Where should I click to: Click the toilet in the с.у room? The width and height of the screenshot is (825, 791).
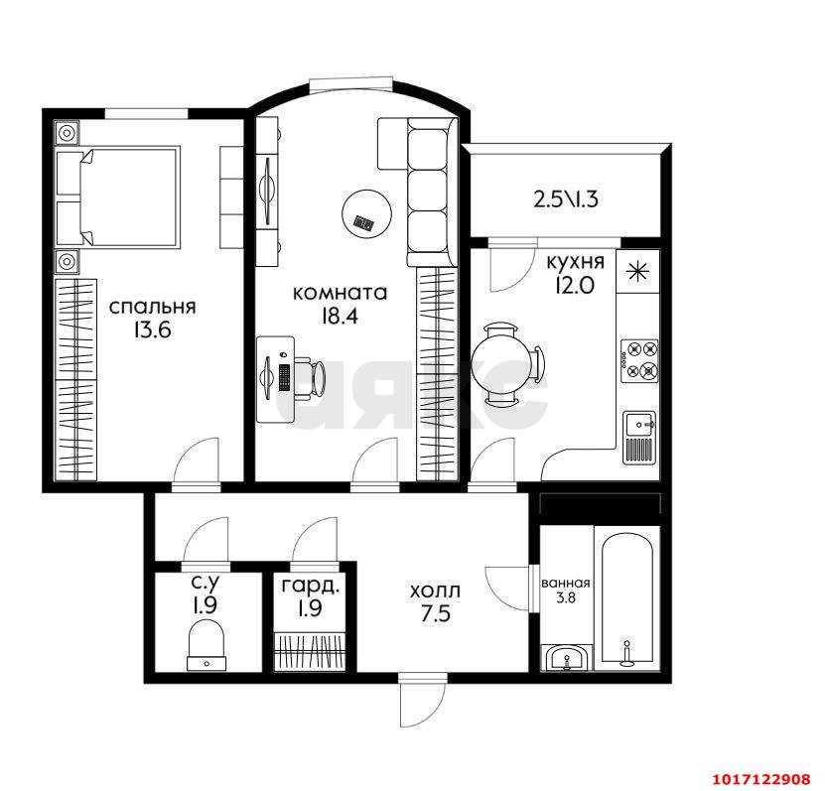pos(206,644)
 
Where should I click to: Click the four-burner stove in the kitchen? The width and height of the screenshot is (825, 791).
pos(639,361)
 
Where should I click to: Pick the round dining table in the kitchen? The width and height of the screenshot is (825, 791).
pos(498,363)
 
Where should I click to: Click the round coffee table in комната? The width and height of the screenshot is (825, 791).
pos(366,214)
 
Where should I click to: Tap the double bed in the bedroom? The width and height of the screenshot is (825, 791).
pos(118,197)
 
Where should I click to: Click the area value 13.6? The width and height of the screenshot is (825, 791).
pos(152,330)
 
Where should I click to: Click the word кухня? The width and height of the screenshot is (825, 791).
pos(575,261)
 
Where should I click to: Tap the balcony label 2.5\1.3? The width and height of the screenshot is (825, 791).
pos(566,199)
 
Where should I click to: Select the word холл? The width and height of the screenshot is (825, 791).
pos(435,591)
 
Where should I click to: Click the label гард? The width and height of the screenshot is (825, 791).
pos(310,587)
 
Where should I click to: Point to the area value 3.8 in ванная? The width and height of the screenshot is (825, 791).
pos(566,596)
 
